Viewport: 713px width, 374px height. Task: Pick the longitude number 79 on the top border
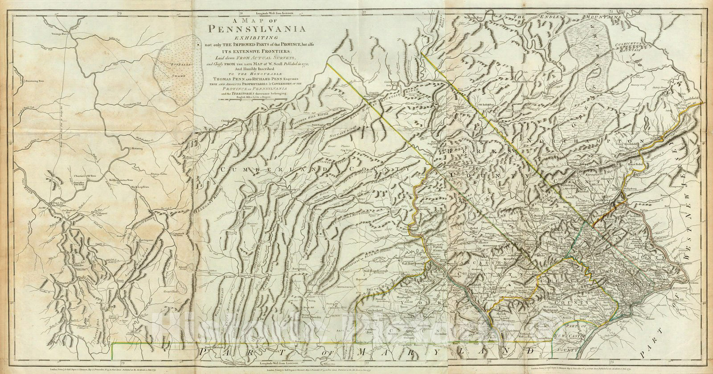[119, 3]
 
